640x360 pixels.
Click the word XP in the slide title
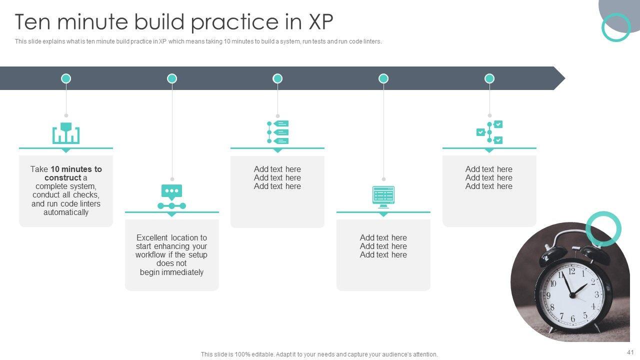coord(320,22)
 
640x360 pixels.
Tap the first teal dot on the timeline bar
coord(66,78)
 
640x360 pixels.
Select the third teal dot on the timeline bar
coord(277,78)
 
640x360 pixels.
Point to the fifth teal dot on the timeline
coord(489,78)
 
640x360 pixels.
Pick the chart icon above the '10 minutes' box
coord(66,133)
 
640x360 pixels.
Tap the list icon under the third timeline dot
coord(278,132)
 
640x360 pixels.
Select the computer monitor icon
coord(383,196)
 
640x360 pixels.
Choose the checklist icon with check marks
coord(489,132)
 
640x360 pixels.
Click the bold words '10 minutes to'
coord(76,169)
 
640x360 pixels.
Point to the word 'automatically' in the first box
coord(66,212)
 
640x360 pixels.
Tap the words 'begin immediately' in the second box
coord(171,272)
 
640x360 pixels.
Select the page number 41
coord(629,352)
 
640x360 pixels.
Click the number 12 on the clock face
coord(571,271)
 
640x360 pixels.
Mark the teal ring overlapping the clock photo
coord(603,229)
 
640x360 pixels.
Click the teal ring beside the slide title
coord(616,27)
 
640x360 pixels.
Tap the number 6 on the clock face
coord(573,318)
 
